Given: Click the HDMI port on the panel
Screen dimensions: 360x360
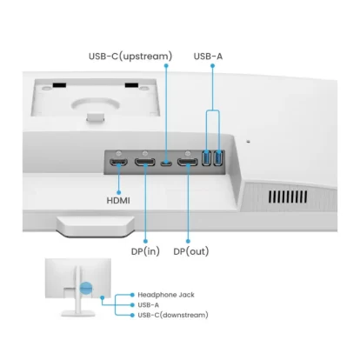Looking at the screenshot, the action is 118,163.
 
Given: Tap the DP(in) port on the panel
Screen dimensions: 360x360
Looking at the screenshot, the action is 145,162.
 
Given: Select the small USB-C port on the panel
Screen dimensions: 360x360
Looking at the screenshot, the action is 166,163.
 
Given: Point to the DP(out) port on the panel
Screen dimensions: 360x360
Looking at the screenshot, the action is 188,162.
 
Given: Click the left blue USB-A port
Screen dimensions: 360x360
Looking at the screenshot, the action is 206,158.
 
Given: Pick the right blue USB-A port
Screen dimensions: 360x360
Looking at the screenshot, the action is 217,158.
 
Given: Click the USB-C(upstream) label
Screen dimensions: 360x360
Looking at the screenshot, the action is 130,56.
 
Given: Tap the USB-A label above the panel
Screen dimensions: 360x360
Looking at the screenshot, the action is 208,56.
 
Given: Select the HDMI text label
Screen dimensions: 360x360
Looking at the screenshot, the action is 118,200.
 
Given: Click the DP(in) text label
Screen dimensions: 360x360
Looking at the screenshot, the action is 145,251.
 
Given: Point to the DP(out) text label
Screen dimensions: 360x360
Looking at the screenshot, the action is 191,251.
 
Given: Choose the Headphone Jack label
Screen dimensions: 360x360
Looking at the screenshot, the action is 166,295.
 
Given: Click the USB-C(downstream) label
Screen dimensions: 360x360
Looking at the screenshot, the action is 173,315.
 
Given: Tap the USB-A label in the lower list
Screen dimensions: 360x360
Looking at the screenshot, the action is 149,305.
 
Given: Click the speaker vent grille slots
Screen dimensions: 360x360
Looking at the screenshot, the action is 288,197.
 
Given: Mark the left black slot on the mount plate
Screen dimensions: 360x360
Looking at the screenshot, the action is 59,85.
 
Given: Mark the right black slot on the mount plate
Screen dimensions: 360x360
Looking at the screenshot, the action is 131,85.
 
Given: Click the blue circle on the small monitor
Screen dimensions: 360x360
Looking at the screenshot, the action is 86,288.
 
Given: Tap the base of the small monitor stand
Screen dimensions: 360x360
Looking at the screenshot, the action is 78,313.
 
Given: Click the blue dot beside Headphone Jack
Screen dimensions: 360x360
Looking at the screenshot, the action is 132,295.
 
